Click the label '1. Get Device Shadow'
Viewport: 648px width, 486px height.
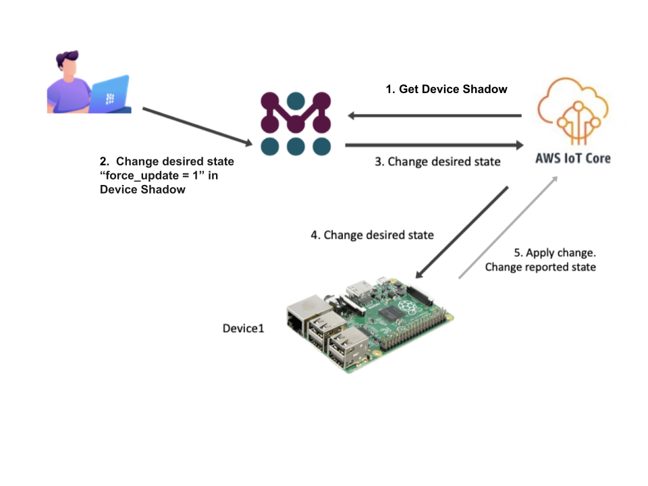point(446,89)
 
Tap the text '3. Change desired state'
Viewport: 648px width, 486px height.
point(437,162)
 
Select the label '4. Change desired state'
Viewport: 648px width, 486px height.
point(372,235)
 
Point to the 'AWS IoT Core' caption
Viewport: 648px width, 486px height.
point(574,158)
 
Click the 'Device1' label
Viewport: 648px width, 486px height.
point(244,329)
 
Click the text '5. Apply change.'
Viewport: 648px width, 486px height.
point(555,252)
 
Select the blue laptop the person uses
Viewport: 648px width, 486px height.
point(111,94)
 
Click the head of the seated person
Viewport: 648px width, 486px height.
point(71,65)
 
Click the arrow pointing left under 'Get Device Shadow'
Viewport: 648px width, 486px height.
point(435,115)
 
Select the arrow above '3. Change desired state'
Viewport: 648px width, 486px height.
point(435,144)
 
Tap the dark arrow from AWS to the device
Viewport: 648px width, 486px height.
point(462,231)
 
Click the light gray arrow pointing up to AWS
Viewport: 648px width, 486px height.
point(508,227)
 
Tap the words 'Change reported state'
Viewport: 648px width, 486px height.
point(541,267)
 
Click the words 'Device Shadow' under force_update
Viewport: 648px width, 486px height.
point(142,190)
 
